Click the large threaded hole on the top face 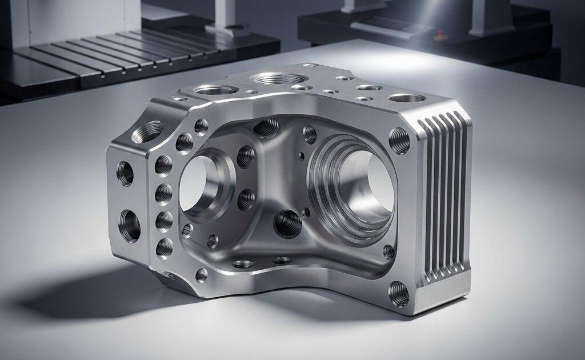tap(279, 78)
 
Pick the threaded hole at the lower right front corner tap(398, 294)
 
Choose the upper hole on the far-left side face tap(125, 173)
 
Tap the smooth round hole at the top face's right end tap(407, 98)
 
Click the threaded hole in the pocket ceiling tap(266, 127)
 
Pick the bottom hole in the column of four tap(164, 247)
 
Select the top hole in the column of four tap(163, 166)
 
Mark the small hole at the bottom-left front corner tap(201, 275)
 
